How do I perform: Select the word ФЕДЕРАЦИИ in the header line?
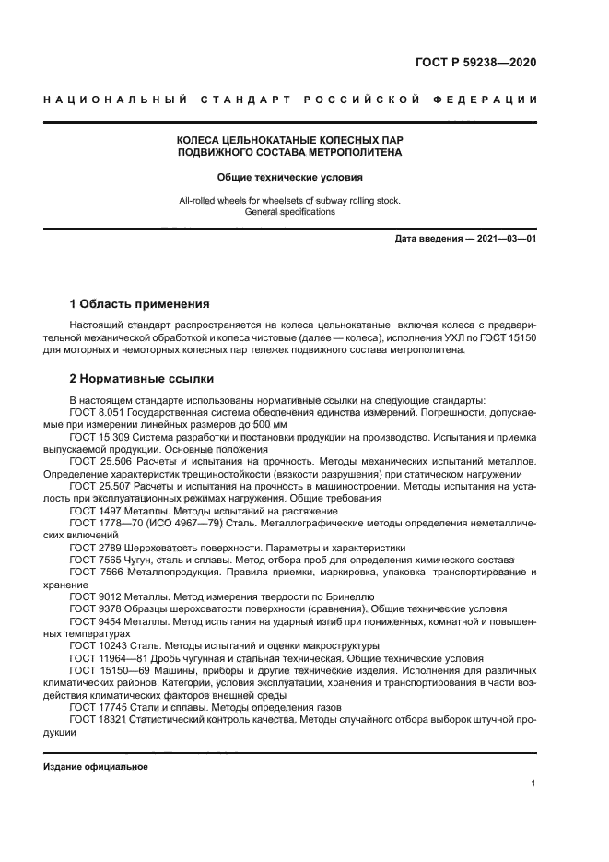point(488,100)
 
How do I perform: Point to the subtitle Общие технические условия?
point(289,177)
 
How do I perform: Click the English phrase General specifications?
point(289,211)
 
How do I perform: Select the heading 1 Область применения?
point(140,303)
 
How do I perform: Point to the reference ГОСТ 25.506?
point(98,461)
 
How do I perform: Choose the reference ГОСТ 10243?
point(98,646)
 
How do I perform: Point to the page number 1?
point(533,783)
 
